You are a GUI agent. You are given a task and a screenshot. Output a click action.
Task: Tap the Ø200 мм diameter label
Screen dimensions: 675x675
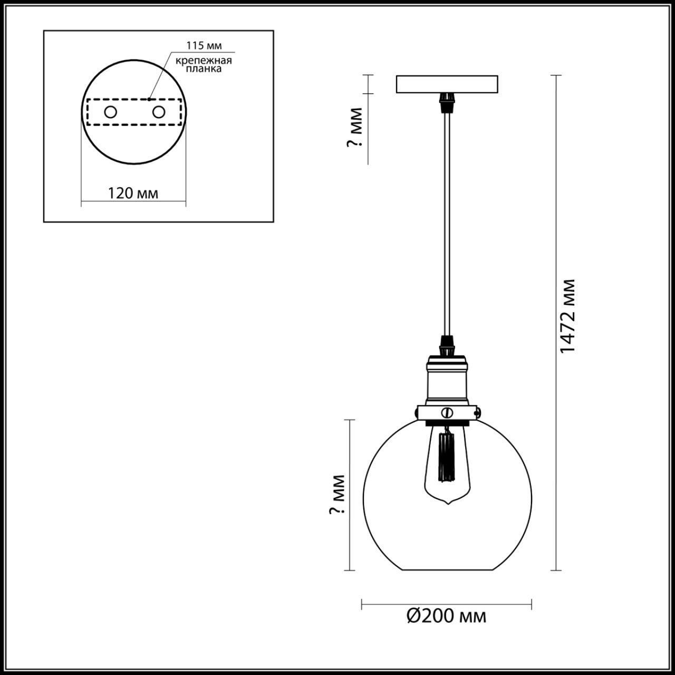[x=446, y=616]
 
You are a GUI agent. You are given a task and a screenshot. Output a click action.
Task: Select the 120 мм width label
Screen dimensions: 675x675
[x=133, y=193]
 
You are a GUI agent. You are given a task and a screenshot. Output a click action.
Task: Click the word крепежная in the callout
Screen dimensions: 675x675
[x=204, y=60]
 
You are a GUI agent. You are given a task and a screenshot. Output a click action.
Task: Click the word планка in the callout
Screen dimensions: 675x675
[x=204, y=69]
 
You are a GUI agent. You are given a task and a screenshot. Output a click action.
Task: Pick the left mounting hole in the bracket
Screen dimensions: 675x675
[x=111, y=112]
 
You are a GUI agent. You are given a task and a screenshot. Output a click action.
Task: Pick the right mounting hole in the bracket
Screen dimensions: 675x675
[x=158, y=112]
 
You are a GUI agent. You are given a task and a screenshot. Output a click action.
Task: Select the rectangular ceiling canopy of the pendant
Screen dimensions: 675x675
[x=447, y=84]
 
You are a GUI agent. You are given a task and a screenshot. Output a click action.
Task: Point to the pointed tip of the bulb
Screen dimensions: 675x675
[x=447, y=504]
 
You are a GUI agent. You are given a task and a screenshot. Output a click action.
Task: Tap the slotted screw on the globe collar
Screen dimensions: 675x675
[x=447, y=412]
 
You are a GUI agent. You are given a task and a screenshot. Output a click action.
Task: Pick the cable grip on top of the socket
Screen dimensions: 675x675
[x=447, y=343]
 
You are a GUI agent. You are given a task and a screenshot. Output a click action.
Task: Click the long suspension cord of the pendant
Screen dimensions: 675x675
[x=447, y=221]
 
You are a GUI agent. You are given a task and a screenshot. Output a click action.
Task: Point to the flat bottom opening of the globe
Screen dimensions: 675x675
[x=447, y=570]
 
